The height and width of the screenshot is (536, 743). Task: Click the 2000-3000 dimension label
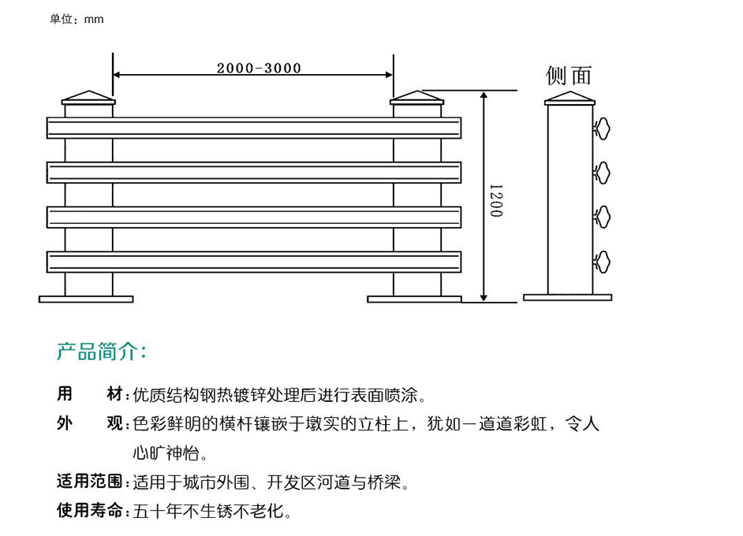coord(259,69)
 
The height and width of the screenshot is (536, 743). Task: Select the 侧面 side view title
coord(568,76)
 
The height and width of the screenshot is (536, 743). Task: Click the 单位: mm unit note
coord(77,19)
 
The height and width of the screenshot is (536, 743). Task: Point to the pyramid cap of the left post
coord(88,98)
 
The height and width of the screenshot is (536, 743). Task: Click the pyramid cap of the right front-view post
coord(416,98)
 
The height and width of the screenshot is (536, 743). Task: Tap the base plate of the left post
coord(86,300)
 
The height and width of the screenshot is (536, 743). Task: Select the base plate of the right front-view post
coord(414,300)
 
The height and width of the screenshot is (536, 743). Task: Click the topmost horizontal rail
coord(254,128)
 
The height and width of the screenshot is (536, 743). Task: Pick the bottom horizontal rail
coord(254,262)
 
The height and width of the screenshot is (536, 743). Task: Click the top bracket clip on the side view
coord(602,128)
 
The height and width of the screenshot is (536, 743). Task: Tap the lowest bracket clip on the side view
coord(602,262)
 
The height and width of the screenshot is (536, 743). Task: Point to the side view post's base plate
coord(568,297)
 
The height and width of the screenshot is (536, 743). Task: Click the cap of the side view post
coord(569,98)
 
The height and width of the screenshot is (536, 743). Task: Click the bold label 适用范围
coord(90,482)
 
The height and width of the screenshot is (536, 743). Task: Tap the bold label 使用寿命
coord(90,511)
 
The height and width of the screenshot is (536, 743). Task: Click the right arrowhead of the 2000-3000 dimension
coord(389,74)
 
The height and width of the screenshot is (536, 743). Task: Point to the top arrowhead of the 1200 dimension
coord(484,95)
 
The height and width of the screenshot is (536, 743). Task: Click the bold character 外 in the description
coord(65,422)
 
